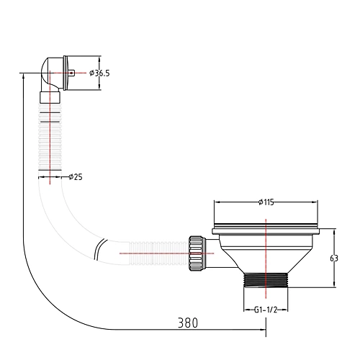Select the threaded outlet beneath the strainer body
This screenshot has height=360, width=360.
coord(266,280)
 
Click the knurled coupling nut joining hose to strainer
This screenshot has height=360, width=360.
coord(195,253)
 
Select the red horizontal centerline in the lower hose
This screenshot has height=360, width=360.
coord(144,253)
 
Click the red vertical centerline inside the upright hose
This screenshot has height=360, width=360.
coord(50,144)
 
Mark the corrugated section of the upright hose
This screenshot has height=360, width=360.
coord(50,137)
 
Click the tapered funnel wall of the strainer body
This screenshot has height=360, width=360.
coord(230,256)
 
